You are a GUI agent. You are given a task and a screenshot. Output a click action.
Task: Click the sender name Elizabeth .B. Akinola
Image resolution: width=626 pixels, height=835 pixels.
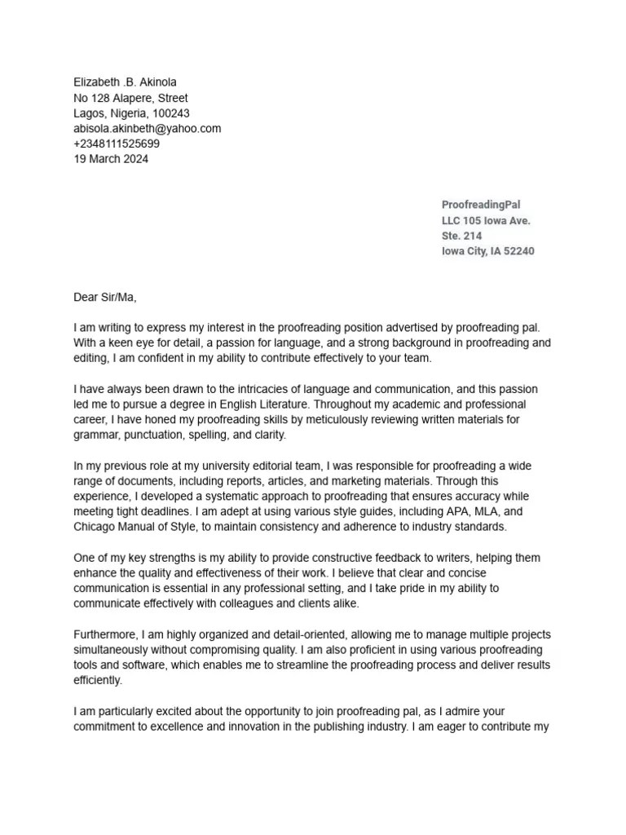[125, 82]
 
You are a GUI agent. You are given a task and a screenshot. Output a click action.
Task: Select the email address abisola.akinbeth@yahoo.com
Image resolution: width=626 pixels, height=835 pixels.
[147, 129]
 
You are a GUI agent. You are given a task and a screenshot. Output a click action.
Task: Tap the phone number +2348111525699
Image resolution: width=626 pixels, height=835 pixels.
[117, 144]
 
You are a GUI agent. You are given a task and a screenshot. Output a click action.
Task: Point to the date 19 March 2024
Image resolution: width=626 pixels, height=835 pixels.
[111, 160]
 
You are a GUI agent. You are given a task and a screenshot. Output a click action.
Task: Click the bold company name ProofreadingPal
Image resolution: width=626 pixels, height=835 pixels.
[481, 205]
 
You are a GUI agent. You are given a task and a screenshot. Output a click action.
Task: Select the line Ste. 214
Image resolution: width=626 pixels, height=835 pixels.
[461, 236]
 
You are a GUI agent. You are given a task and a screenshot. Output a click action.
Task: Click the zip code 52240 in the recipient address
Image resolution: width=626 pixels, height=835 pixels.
[518, 251]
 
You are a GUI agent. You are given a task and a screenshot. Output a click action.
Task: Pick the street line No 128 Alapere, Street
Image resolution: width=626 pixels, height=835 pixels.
[130, 98]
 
